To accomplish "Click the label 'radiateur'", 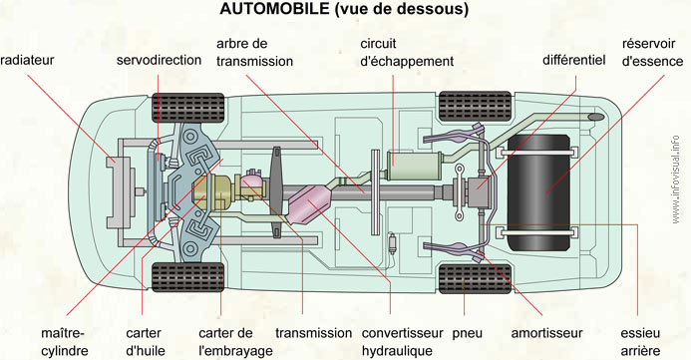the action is (27, 60).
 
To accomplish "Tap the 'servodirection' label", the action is (160, 60).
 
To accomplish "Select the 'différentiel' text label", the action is (574, 60).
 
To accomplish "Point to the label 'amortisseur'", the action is (546, 333).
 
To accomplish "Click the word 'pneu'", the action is (467, 334).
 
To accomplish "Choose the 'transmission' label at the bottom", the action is (314, 333).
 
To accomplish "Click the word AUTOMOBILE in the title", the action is (275, 9).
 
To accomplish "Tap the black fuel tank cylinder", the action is (538, 193).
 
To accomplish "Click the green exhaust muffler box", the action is (415, 166).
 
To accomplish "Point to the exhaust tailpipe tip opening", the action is (596, 117).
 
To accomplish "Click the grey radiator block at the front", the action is (120, 192).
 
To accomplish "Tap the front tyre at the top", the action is (188, 108).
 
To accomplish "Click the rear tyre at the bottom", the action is (475, 279).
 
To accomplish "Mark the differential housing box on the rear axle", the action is (479, 191).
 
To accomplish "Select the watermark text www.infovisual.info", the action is (676, 180).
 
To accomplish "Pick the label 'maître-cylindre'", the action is (65, 342).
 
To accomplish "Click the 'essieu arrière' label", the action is (640, 342).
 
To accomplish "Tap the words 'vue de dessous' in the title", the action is (402, 9).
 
